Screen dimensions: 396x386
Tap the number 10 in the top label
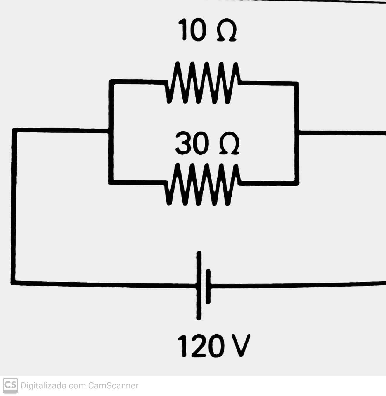coord(192,30)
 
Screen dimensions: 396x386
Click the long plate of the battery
coord(199,285)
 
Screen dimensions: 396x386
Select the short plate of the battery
coord(208,287)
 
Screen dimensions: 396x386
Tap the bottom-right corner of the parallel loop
coord(297,183)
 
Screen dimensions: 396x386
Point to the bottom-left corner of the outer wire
coord(13,282)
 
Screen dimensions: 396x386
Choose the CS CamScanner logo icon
coord(10,385)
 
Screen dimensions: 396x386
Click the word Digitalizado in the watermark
coord(43,386)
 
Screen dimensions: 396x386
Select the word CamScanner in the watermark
coord(113,385)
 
